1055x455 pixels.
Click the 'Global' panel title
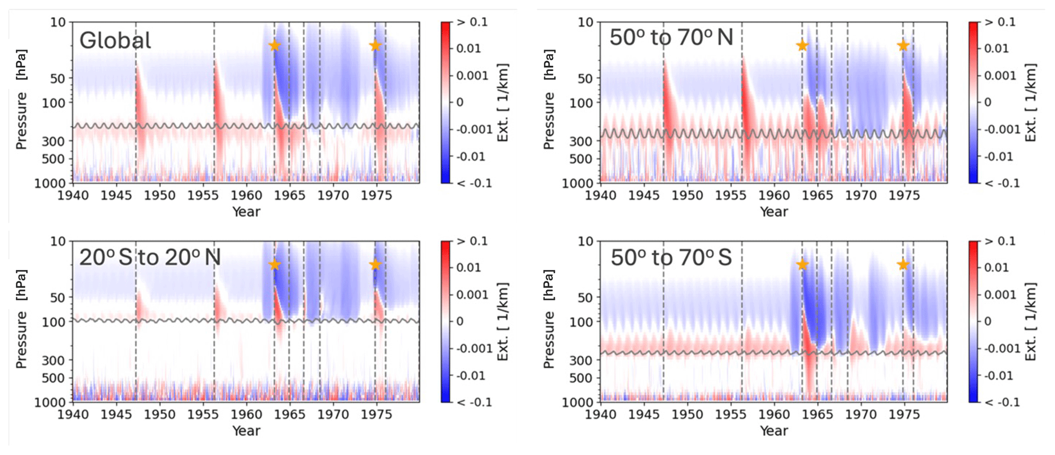click(x=115, y=40)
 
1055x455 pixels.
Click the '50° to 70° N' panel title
click(x=671, y=38)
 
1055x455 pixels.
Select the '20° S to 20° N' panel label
click(x=150, y=257)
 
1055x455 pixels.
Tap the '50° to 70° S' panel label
click(x=671, y=257)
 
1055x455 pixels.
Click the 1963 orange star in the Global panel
click(x=275, y=46)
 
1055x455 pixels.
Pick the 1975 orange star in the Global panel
click(x=375, y=46)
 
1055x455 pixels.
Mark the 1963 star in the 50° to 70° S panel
click(x=802, y=265)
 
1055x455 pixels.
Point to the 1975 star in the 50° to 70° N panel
click(x=903, y=46)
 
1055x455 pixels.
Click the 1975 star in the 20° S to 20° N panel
click(x=375, y=265)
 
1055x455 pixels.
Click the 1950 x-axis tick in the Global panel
click(x=160, y=196)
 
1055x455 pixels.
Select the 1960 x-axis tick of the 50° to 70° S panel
click(x=774, y=415)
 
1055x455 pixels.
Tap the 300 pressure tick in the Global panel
click(x=53, y=141)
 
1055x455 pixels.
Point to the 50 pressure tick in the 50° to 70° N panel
click(x=585, y=79)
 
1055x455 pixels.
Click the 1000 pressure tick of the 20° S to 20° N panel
click(x=50, y=402)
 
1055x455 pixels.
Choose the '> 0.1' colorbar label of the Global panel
click(x=473, y=22)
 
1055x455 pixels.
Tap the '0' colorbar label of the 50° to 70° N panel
click(x=988, y=103)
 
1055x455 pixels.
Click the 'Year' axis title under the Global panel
click(x=246, y=212)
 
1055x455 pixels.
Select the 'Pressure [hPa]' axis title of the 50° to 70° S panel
click(x=549, y=319)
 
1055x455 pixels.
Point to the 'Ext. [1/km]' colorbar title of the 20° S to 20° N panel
click(x=503, y=321)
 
